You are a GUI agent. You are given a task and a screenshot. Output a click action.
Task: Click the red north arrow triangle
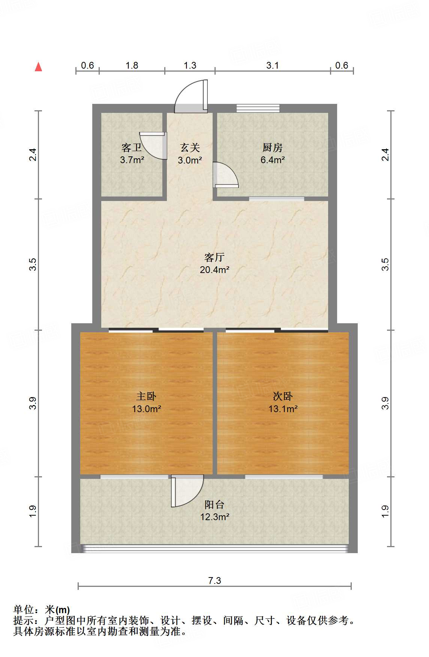[38, 67]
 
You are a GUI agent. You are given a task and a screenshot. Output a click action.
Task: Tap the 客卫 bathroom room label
[132, 147]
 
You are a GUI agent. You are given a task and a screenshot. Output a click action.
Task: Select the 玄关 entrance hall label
[190, 147]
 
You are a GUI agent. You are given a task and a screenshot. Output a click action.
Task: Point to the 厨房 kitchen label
[272, 147]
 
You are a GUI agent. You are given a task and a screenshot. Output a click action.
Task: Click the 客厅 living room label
[214, 257]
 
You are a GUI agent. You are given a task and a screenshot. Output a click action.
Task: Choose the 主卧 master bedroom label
[146, 396]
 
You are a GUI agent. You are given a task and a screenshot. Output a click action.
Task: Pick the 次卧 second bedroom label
[283, 396]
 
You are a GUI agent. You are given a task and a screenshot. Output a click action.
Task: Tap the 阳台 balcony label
[214, 504]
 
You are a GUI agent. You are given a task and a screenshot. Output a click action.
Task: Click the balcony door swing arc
[187, 490]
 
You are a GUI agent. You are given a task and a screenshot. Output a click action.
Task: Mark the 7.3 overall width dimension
[214, 580]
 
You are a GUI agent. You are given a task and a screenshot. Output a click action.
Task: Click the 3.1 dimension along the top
[273, 65]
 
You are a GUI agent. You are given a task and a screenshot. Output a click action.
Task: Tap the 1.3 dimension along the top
[190, 65]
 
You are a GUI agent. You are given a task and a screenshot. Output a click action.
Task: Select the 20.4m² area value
[214, 269]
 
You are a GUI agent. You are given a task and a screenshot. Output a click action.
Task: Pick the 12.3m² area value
[214, 517]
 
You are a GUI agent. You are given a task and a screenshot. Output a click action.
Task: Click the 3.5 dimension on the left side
[33, 264]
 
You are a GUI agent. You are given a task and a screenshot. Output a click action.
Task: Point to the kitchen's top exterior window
[258, 108]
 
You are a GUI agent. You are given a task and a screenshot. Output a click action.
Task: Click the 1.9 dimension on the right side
[385, 511]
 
